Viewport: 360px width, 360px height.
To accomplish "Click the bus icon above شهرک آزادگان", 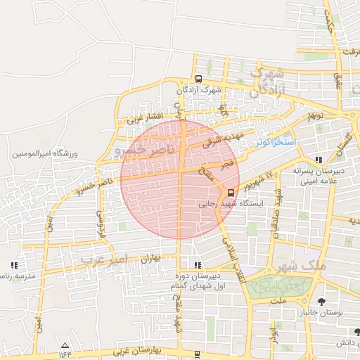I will pyautogui.click(x=198, y=79).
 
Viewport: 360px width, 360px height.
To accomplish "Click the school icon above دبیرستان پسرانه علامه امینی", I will pyautogui.click(x=320, y=159).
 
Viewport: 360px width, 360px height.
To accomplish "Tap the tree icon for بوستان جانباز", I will pyautogui.click(x=321, y=302).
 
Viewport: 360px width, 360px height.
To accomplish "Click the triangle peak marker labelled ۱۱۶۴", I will pyautogui.click(x=65, y=345).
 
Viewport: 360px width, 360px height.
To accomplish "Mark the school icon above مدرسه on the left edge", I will pyautogui.click(x=13, y=265).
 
